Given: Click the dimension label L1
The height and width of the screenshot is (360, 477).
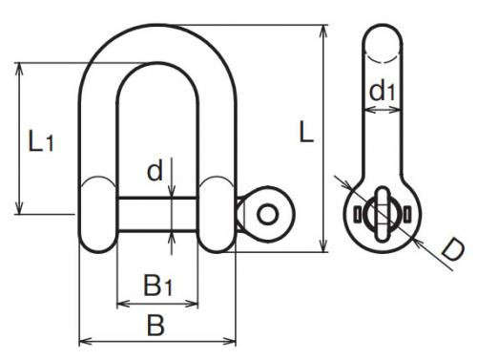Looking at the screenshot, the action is pyautogui.click(x=41, y=140).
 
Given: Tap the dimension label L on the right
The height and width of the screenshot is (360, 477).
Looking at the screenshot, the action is pyautogui.click(x=306, y=132).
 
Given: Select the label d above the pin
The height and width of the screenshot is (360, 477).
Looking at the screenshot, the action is pyautogui.click(x=156, y=170).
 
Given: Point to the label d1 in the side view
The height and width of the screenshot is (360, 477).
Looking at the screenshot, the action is pyautogui.click(x=383, y=91).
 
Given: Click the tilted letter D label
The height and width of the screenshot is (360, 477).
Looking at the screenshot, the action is pyautogui.click(x=453, y=250).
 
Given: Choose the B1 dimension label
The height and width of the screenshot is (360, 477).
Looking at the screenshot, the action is pyautogui.click(x=158, y=286).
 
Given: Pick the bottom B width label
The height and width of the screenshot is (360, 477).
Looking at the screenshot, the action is pyautogui.click(x=156, y=325).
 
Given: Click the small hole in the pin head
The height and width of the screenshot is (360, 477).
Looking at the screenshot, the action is pyautogui.click(x=267, y=214).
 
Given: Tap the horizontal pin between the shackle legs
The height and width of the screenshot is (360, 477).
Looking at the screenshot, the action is pyautogui.click(x=157, y=214).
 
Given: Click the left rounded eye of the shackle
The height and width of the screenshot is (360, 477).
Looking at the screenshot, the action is pyautogui.click(x=97, y=215).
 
